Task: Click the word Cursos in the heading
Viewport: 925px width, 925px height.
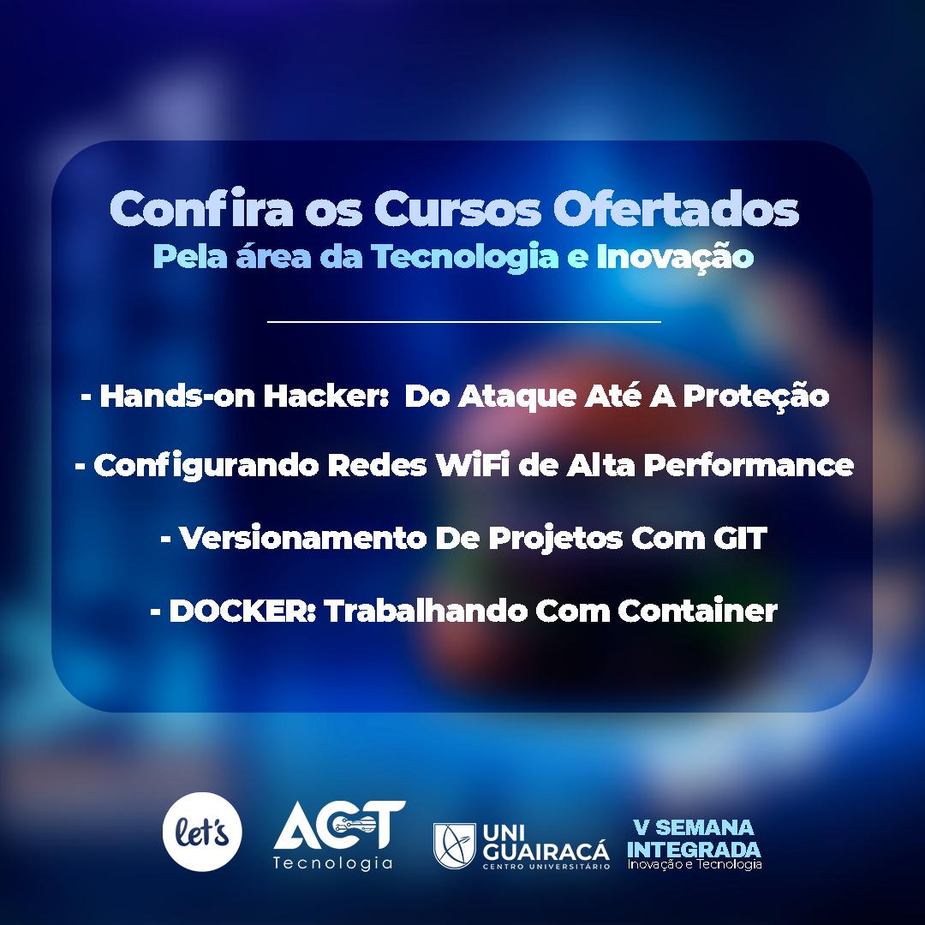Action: click(457, 210)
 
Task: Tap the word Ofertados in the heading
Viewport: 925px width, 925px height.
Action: click(676, 209)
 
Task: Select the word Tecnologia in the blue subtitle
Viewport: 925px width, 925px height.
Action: click(464, 257)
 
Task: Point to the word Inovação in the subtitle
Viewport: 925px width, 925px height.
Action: click(675, 258)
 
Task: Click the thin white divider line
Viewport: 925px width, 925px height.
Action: click(463, 322)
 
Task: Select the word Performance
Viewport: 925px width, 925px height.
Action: click(748, 465)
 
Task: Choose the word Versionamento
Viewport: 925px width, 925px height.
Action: click(302, 537)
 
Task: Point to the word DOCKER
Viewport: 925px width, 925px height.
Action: click(242, 611)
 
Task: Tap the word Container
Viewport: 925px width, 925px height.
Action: click(697, 611)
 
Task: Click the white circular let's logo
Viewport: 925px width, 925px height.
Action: click(202, 832)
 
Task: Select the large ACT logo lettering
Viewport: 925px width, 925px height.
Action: click(339, 825)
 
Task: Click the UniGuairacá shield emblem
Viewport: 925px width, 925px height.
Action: click(454, 845)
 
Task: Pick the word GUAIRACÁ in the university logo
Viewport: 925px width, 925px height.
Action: click(546, 852)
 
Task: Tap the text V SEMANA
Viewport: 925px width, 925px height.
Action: click(694, 827)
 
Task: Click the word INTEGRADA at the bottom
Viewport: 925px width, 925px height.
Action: click(694, 850)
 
